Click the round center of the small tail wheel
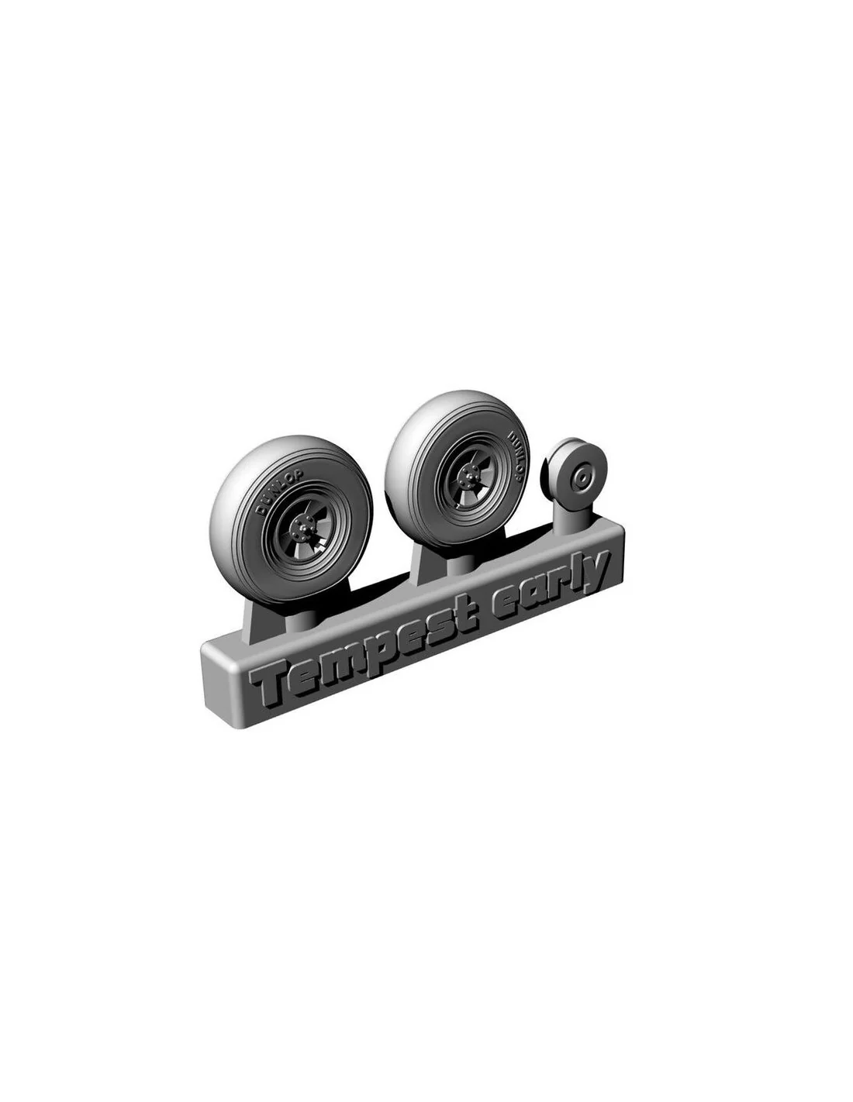click(x=582, y=476)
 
